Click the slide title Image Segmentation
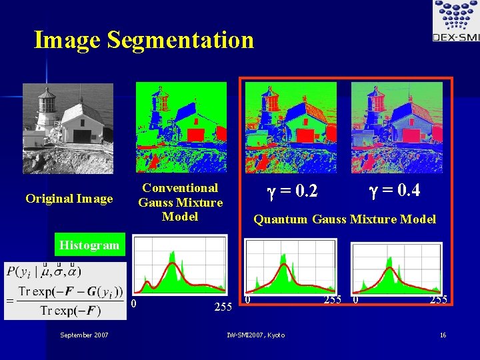pyautogui.click(x=144, y=40)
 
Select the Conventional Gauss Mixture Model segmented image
pyautogui.click(x=181, y=127)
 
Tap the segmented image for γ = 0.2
pyautogui.click(x=291, y=127)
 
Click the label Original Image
pyautogui.click(x=69, y=199)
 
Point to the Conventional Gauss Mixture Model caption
pyautogui.click(x=180, y=202)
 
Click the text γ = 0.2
pyautogui.click(x=292, y=193)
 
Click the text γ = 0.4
pyautogui.click(x=394, y=191)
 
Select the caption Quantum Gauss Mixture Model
pyautogui.click(x=345, y=219)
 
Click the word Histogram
pyautogui.click(x=89, y=245)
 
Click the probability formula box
pyautogui.click(x=65, y=291)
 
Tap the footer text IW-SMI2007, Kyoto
pyautogui.click(x=255, y=335)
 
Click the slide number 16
pyautogui.click(x=443, y=335)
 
